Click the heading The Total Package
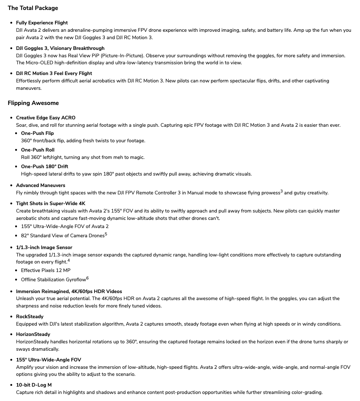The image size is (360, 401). pos(33,8)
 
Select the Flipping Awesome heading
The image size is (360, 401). pos(33,103)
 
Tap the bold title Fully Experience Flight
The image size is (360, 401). pos(42,23)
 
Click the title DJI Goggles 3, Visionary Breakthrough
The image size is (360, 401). pos(60,48)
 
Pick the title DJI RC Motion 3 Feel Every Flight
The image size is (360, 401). pos(54,73)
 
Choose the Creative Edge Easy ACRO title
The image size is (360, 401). pos(45,118)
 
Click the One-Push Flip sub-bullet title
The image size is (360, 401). pos(37,133)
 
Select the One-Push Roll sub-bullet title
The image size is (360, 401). pos(38,150)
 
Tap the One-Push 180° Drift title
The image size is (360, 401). pos(44,166)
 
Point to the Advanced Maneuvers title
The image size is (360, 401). pos(41,185)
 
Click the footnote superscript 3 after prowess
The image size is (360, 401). pos(281,191)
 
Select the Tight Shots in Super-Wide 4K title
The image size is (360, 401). pos(51,203)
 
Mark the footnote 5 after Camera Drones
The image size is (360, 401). pos(106,234)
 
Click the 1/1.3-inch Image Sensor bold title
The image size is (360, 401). pos(44,247)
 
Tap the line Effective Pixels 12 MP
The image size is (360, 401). pos(46,270)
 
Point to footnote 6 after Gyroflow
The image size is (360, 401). pos(88,278)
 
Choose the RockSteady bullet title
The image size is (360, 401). pos(30,316)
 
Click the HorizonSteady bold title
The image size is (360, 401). pos(33,334)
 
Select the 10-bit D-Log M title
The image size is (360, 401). pos(34,385)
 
